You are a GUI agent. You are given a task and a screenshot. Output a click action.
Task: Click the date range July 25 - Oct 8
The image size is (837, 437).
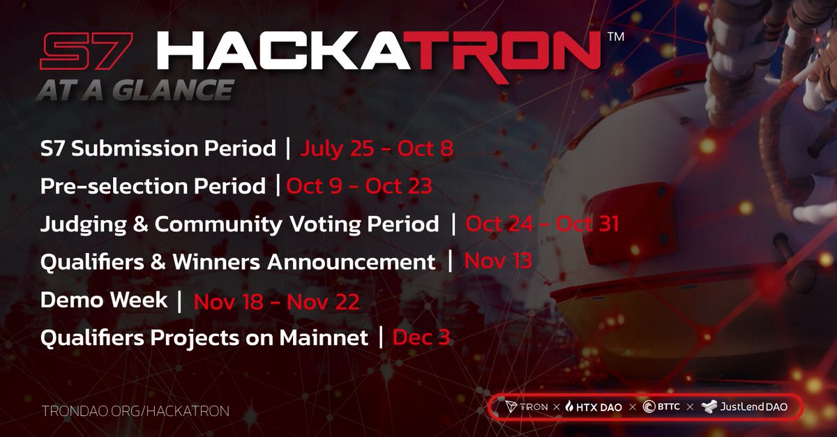point(377,148)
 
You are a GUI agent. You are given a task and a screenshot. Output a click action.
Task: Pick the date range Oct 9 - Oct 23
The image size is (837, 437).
point(357,186)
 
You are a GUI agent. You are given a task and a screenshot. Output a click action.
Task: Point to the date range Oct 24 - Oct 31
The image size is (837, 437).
point(541,224)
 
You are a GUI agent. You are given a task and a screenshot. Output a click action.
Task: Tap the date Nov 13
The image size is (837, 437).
point(498,262)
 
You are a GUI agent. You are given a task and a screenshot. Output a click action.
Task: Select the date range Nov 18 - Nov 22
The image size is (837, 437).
point(276,301)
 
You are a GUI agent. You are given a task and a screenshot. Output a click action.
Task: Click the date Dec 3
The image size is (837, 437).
point(421,338)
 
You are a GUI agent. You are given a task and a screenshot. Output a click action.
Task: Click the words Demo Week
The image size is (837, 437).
point(104,300)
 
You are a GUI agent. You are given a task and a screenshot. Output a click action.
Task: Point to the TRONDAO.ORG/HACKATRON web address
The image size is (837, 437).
point(135,410)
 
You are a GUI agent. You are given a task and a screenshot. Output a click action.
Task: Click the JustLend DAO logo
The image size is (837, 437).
point(745,406)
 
